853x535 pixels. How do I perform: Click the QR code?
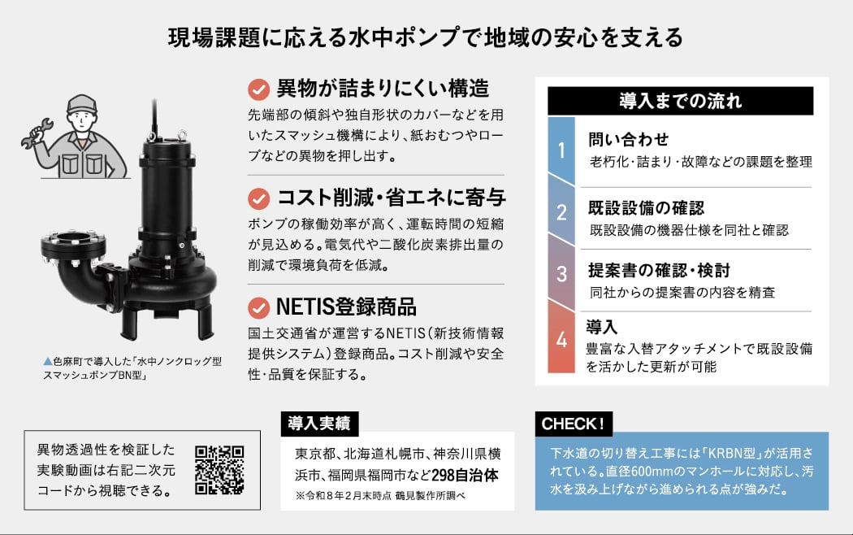pyautogui.click(x=219, y=470)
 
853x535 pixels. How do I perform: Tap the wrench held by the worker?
pyautogui.click(x=37, y=133)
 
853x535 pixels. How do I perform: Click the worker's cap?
pyautogui.click(x=82, y=104)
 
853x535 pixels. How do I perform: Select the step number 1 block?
pyautogui.click(x=561, y=150)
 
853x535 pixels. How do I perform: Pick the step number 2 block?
pyautogui.click(x=561, y=211)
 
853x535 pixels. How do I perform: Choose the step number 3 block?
pyautogui.click(x=561, y=273)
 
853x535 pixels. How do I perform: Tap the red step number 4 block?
pyautogui.click(x=561, y=337)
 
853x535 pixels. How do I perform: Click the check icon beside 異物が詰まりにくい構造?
pyautogui.click(x=259, y=89)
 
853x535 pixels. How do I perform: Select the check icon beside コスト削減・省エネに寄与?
pyautogui.click(x=259, y=198)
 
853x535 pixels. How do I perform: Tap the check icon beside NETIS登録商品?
pyautogui.click(x=259, y=308)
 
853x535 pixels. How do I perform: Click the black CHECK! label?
pyautogui.click(x=574, y=424)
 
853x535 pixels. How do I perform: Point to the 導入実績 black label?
pyautogui.click(x=319, y=424)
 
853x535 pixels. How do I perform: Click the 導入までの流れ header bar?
pyautogui.click(x=680, y=101)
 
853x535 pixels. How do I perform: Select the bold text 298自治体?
pyautogui.click(x=465, y=475)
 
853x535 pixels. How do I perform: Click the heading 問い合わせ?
pyautogui.click(x=628, y=139)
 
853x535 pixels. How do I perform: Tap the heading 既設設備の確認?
pyautogui.click(x=646, y=208)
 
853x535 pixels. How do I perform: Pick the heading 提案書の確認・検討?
pyautogui.click(x=659, y=270)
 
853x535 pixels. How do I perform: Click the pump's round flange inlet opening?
pyautogui.click(x=73, y=238)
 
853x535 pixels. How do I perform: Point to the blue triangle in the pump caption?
pyautogui.click(x=48, y=361)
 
